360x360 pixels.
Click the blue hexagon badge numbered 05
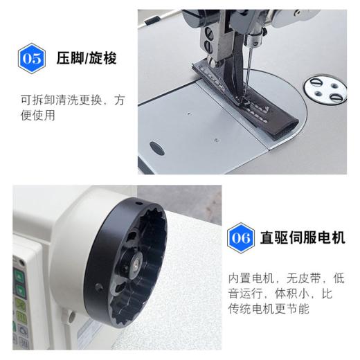click(x=32, y=57)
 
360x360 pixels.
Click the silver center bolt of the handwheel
click(x=136, y=264)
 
